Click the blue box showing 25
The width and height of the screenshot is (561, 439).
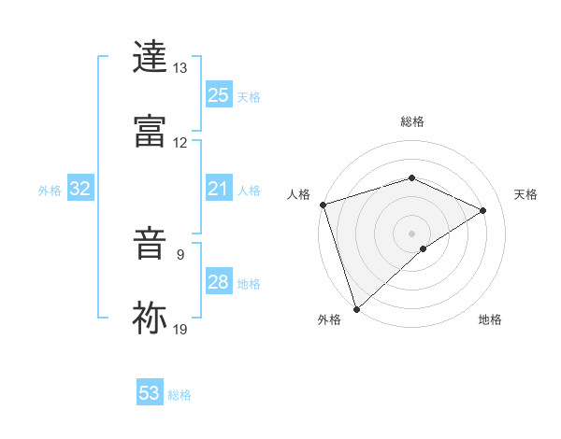pos(219,95)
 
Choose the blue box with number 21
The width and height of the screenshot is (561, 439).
pos(219,190)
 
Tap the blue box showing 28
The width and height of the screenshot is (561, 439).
pos(219,282)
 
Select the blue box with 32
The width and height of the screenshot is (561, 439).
pos(80,190)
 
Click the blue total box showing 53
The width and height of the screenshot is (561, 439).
pos(150,393)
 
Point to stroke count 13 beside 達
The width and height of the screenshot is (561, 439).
pos(180,68)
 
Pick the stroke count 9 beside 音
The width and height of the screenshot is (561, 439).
pos(180,253)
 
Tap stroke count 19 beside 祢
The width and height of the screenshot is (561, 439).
pos(180,328)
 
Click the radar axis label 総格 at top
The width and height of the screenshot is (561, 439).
pos(412,121)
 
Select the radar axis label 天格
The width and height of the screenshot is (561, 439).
pos(526,194)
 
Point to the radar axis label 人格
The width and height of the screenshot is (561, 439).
pos(298,194)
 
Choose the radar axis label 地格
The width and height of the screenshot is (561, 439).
pos(490,320)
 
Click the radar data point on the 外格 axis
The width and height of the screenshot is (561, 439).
pos(356,309)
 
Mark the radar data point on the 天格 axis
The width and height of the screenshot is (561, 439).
pos(483,210)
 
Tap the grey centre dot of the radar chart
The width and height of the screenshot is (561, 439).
pos(412,233)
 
